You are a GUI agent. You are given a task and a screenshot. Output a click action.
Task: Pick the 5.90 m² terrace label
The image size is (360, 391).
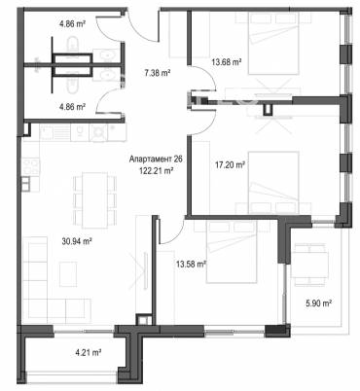(318, 302)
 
